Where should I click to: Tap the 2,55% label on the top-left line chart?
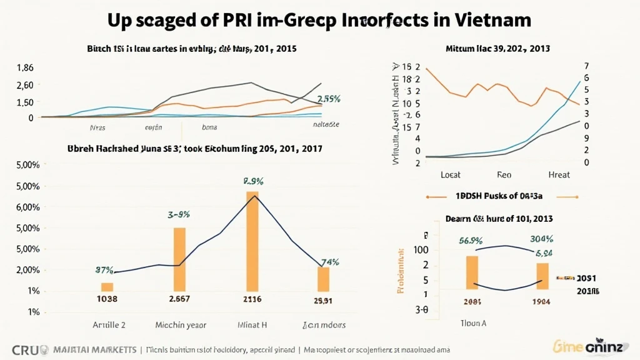[x=328, y=99]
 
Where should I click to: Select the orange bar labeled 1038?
[x=107, y=287]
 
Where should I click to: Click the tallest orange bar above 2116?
[x=252, y=241]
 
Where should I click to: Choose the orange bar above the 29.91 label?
[x=323, y=279]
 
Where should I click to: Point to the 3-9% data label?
[x=178, y=214]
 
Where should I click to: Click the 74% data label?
[x=329, y=262]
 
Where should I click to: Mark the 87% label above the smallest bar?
[x=104, y=271]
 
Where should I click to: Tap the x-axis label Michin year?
[x=180, y=325]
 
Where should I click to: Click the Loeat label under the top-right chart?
[x=451, y=175]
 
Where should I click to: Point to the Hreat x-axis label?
[x=558, y=175]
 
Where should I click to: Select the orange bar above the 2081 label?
[x=472, y=272]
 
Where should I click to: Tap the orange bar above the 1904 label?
[x=542, y=276]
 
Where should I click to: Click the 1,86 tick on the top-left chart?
[x=25, y=68]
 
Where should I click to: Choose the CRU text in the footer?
[x=24, y=349]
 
